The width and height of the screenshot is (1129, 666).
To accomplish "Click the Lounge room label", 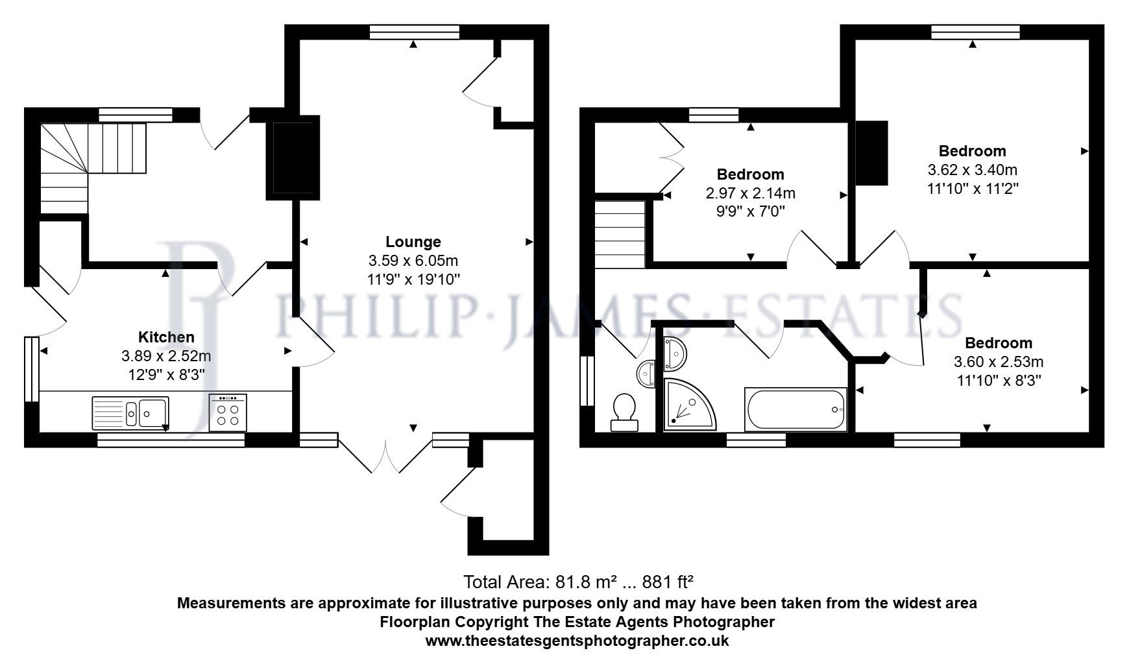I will tap(413, 242).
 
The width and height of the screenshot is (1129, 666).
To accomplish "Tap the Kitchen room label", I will tap(166, 337).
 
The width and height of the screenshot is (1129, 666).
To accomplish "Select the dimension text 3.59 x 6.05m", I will tap(413, 261).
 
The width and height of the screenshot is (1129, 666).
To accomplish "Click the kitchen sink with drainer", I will tap(130, 412).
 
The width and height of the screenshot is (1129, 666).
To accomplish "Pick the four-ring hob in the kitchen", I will tap(228, 412).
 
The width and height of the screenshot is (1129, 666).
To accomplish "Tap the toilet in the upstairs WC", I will tap(624, 412).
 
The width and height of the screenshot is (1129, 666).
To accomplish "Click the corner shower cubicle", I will tap(688, 405).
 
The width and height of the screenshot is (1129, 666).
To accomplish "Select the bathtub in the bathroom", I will tap(795, 410).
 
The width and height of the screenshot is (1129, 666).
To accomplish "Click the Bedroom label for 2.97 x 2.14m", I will tap(750, 174).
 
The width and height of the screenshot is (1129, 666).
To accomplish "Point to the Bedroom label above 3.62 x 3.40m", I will tap(972, 151).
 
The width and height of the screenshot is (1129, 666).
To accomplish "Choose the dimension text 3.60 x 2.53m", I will tap(998, 362).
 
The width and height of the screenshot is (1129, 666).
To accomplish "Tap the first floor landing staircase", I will tap(620, 234).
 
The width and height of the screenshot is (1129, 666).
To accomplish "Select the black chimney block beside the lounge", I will tap(293, 158).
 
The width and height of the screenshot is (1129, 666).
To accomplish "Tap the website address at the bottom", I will tap(577, 641).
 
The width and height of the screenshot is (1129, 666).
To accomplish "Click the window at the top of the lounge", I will tap(414, 32).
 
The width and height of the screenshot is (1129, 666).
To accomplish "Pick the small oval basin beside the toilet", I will tap(647, 374).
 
